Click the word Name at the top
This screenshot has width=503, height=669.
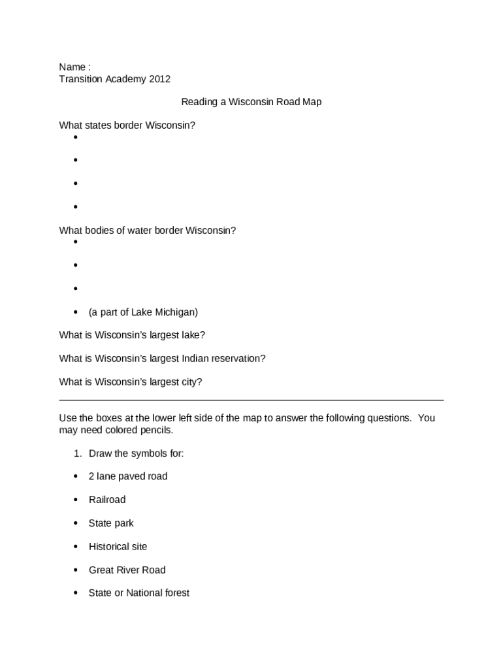pos(72,67)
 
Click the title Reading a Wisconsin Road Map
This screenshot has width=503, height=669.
pos(251,102)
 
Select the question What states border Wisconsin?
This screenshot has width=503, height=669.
pos(127,125)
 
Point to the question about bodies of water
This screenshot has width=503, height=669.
pos(147,231)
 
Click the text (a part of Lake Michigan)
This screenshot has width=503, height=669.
pos(143,312)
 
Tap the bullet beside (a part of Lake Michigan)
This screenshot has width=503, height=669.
pos(76,312)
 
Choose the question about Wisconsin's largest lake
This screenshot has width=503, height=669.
pos(132,335)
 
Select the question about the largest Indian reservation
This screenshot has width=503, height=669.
pos(162,359)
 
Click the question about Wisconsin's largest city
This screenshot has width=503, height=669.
pos(131,382)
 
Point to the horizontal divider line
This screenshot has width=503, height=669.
pos(251,399)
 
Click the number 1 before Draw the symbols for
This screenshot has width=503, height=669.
pos(76,453)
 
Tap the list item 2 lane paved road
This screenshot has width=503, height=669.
pos(128,476)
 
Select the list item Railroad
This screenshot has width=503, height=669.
pos(107,500)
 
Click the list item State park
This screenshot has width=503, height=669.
pos(111,523)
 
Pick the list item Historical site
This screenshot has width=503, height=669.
pos(118,547)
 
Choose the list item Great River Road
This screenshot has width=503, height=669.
pos(127,570)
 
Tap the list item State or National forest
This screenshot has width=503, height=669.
pos(138,593)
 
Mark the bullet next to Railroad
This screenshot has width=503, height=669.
pos(76,500)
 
